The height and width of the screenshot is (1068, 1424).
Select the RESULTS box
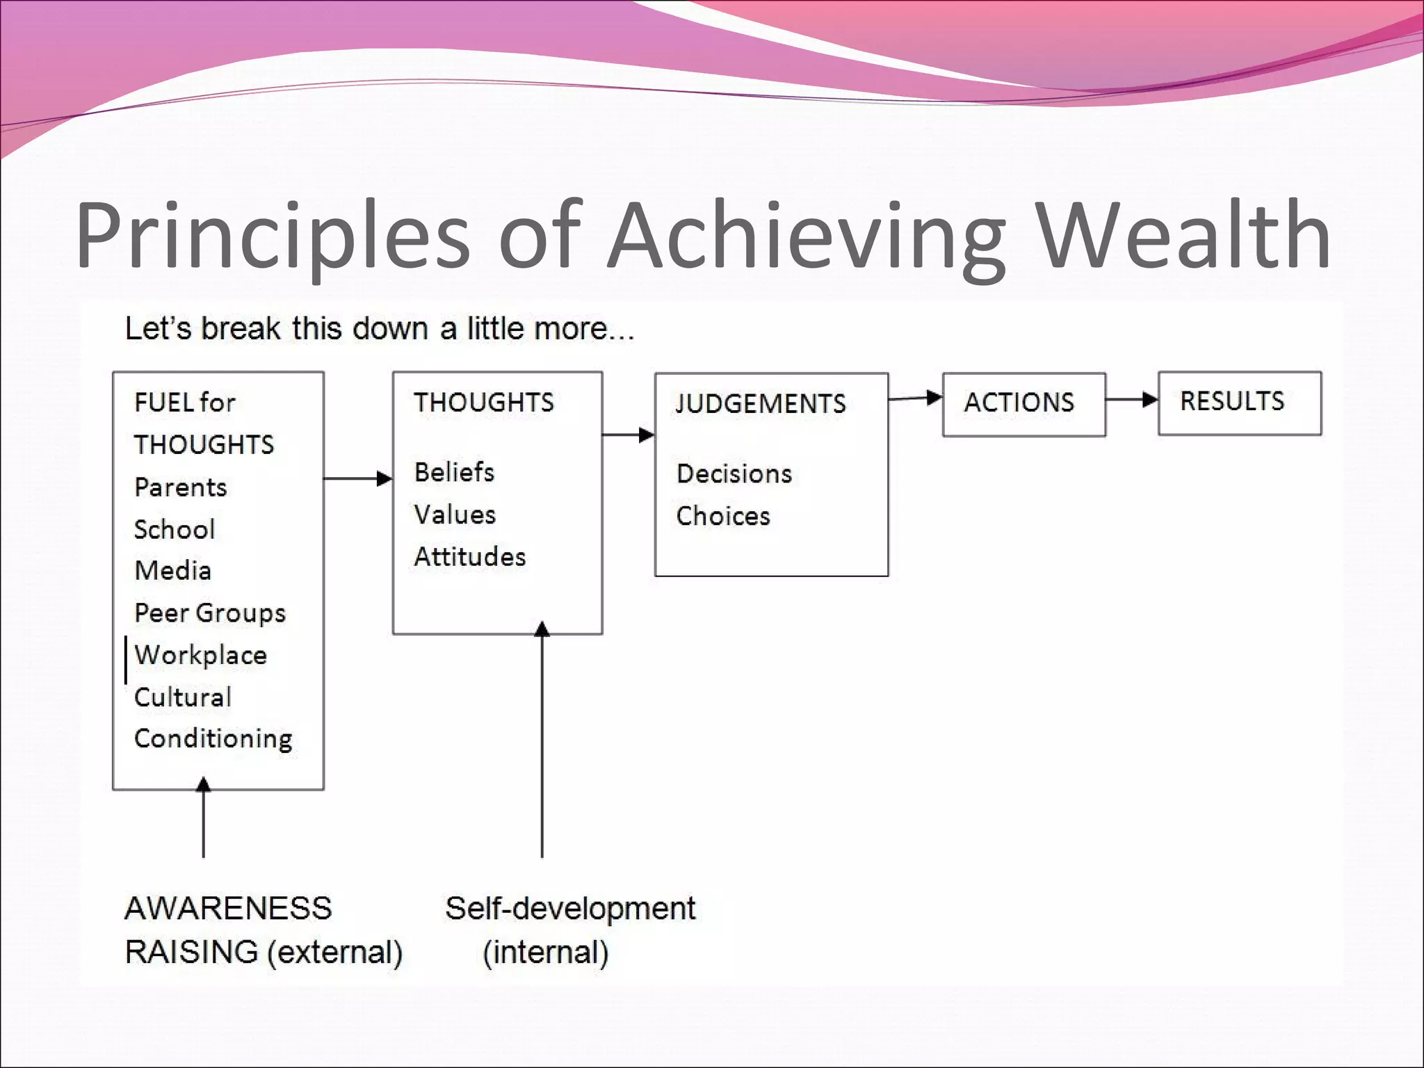coord(1239,403)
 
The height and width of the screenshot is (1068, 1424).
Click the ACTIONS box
coord(1023,404)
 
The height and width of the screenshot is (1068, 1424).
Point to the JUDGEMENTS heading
coord(761,404)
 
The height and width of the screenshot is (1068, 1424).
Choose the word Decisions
coord(734,474)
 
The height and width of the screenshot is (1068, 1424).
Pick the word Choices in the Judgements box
coord(723,517)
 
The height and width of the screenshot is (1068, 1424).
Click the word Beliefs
coord(454,473)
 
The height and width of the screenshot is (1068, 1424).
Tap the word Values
coord(455,515)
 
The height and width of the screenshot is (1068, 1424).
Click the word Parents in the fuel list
coord(181,487)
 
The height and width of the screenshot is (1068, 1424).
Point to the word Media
coord(172,571)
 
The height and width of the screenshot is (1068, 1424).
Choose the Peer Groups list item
coord(210,613)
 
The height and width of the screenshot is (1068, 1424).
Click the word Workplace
coord(200,656)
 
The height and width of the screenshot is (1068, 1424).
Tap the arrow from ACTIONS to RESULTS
coord(1132,400)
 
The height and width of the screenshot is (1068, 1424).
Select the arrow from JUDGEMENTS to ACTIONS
coord(915,398)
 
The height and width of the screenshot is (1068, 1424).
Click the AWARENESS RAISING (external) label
coord(263,930)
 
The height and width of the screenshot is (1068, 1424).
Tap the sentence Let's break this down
coord(379,329)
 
